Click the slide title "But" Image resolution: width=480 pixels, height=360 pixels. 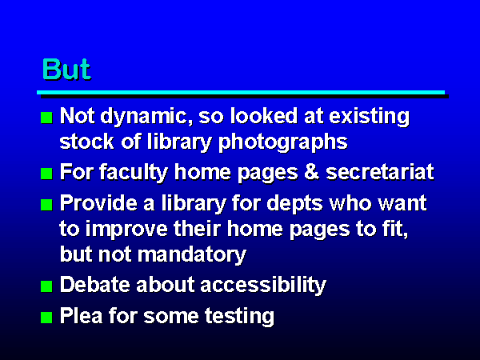[66, 69]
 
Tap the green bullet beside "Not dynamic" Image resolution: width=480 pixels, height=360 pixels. [46, 118]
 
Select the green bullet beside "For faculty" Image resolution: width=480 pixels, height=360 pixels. [46, 174]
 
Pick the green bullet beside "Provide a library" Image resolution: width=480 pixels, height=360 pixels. [46, 205]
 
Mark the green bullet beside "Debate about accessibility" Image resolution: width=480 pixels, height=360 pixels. [46, 286]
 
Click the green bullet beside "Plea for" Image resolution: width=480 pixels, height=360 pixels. [46, 318]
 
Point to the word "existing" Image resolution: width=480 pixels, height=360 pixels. [369, 117]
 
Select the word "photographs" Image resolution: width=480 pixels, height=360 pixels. [283, 142]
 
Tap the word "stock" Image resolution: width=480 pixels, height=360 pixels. [86, 142]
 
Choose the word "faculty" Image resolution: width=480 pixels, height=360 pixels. [134, 172]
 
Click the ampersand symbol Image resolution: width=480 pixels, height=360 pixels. [312, 172]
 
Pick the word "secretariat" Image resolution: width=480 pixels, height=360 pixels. [380, 172]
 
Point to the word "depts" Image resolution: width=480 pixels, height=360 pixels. [294, 203]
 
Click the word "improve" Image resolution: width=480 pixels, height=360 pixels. [126, 230]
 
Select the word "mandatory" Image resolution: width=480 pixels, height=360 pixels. [192, 255]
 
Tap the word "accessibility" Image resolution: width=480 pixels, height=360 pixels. [263, 285]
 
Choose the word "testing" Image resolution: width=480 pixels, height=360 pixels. [239, 316]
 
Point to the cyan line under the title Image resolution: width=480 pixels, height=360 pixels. [241, 93]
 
